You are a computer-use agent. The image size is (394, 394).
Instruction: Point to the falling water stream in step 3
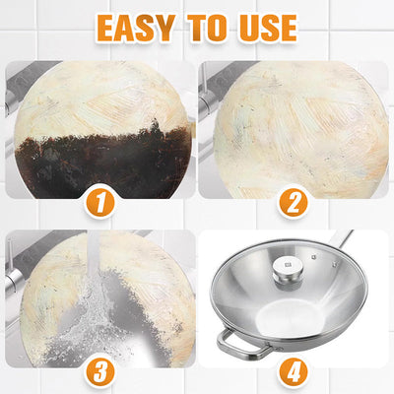pyautogui.click(x=104, y=295)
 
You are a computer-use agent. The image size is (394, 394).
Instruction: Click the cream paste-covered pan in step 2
pyautogui.click(x=295, y=128)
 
